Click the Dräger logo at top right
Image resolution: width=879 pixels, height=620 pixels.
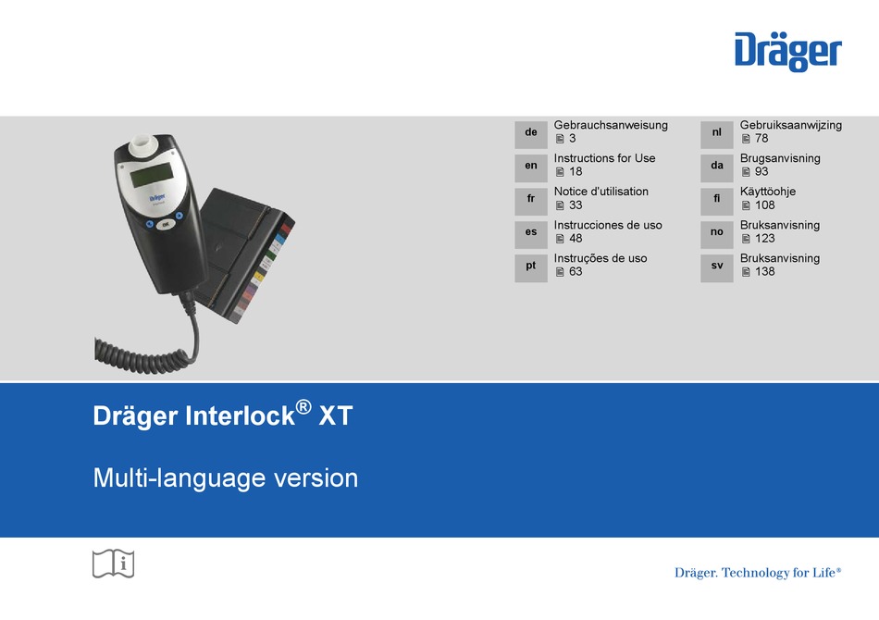pos(788,52)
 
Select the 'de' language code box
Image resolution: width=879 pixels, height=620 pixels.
pos(531,134)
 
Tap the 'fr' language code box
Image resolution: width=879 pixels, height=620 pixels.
pos(531,201)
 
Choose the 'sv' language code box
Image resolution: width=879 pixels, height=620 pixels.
pos(717,268)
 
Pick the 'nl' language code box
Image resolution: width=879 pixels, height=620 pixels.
pos(717,134)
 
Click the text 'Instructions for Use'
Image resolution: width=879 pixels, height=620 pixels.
pos(604,158)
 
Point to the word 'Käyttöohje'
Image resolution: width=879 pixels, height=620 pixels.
pos(767,192)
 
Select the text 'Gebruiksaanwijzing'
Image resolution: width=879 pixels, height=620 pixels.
pos(791,126)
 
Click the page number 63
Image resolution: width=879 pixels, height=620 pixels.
pos(576,271)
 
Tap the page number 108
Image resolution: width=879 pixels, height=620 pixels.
pos(764,205)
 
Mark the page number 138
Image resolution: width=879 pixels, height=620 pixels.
pos(764,271)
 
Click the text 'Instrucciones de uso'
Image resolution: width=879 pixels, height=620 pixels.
pos(608,225)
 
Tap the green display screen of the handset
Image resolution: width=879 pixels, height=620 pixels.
pos(151,176)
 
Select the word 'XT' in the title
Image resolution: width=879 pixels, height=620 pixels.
pos(336,415)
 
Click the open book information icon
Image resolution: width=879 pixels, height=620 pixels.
pos(113,564)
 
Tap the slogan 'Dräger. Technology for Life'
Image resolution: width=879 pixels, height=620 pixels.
pos(758,573)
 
